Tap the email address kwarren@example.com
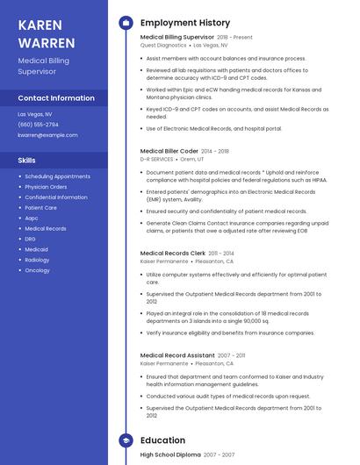(47, 135)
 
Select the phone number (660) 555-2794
(38, 125)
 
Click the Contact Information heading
(56, 98)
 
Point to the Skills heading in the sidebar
(27, 161)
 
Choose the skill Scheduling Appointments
(57, 176)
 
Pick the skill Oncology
(37, 270)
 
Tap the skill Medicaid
(37, 249)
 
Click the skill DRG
(31, 239)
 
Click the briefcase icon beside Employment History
(126, 23)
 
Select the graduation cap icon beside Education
(126, 440)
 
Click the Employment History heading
(184, 23)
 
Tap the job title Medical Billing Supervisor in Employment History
(176, 38)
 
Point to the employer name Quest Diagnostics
(162, 45)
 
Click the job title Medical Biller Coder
(169, 151)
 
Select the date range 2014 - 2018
(214, 151)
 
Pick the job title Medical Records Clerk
(173, 253)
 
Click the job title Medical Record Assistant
(176, 355)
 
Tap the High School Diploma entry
(170, 455)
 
